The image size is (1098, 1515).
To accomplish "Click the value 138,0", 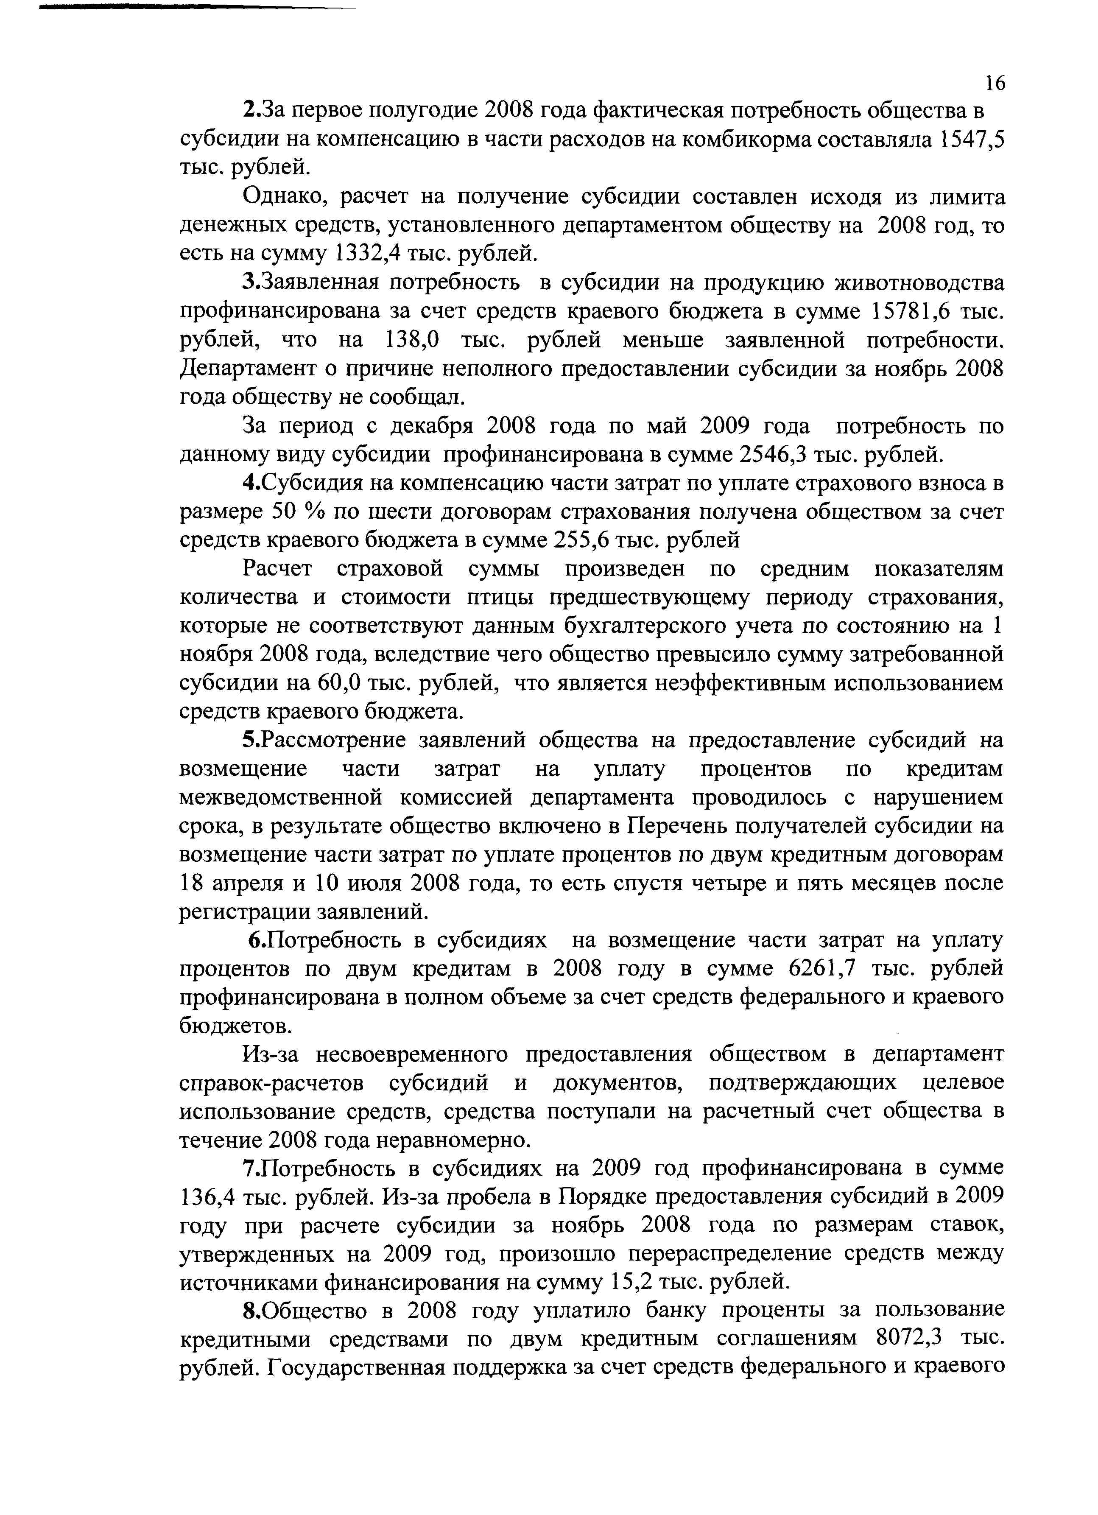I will (412, 340).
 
